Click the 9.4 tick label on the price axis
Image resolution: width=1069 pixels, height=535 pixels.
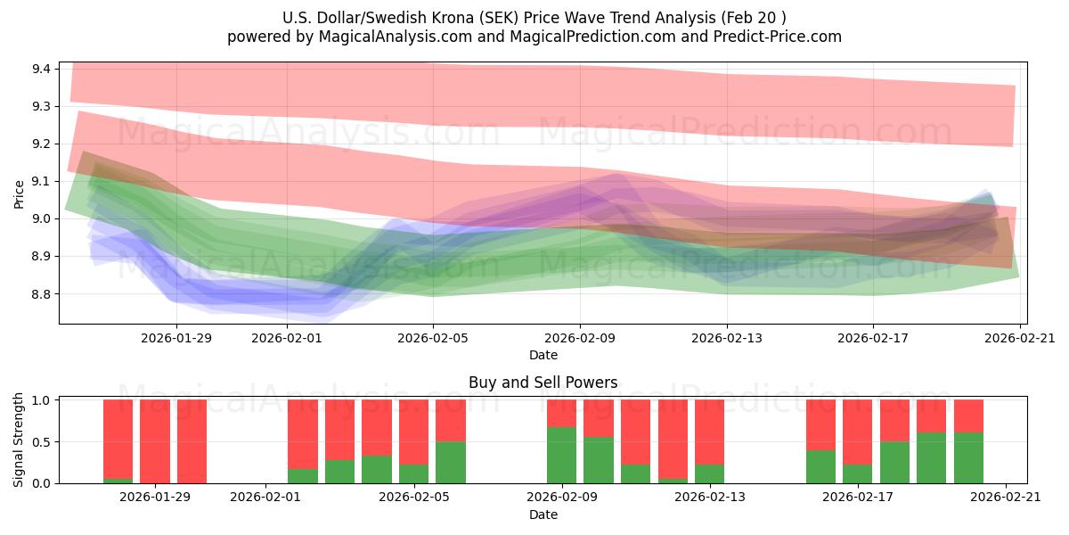tap(40, 69)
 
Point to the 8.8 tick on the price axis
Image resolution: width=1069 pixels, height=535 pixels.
tap(40, 294)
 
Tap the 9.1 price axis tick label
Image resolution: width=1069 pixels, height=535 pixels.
tap(40, 181)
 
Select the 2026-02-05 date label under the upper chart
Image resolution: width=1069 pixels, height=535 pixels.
tap(433, 337)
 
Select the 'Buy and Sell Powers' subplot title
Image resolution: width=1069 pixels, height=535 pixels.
tap(543, 383)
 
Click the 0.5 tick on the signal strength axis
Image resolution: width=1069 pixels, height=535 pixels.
tap(40, 442)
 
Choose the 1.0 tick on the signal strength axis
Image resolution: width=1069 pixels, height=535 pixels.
tap(40, 400)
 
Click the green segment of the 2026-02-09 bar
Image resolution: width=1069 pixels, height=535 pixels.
tap(561, 456)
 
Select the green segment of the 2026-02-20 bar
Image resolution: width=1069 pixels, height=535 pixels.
tap(968, 457)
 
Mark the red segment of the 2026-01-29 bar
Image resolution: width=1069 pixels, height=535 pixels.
tap(155, 440)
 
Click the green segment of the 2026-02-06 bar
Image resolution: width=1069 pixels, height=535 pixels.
tap(451, 462)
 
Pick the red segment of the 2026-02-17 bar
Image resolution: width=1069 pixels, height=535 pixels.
tap(857, 432)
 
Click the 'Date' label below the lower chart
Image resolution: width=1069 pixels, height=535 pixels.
tap(543, 514)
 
